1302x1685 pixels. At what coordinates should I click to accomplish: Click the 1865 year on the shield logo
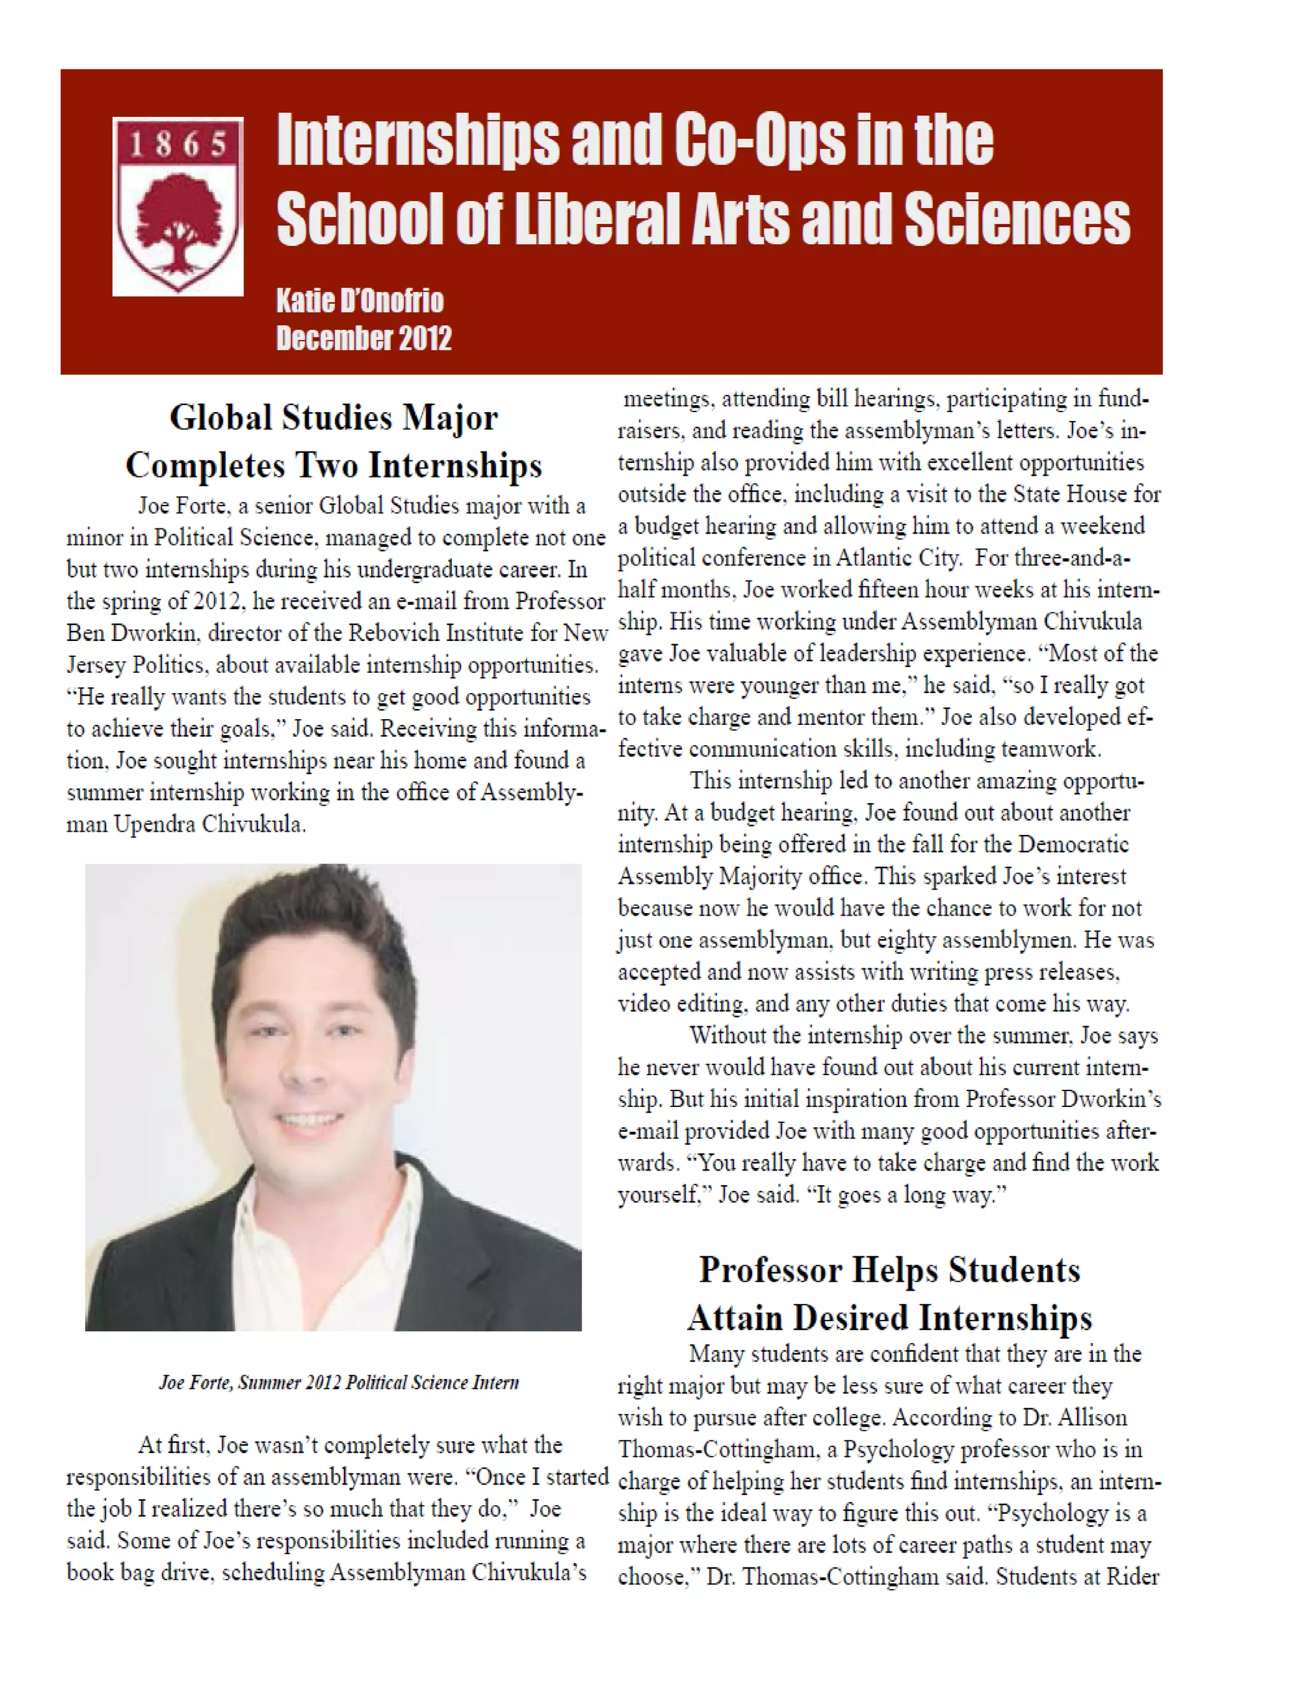(x=178, y=144)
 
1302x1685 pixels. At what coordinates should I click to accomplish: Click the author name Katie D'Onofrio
(x=359, y=301)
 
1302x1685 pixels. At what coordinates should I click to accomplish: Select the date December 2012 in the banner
(x=363, y=338)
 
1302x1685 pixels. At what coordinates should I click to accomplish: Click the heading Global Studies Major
(x=333, y=418)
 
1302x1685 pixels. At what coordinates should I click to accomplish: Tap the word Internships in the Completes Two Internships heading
(x=455, y=465)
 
